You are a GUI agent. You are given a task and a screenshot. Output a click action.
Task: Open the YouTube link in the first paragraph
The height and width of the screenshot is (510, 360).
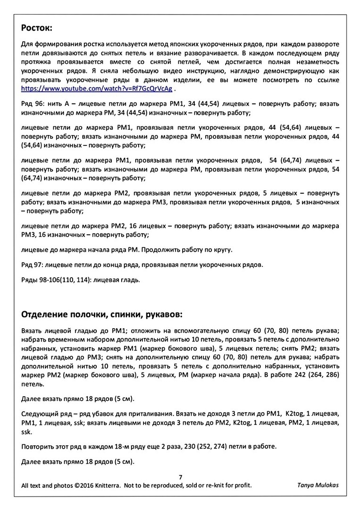pyautogui.click(x=97, y=88)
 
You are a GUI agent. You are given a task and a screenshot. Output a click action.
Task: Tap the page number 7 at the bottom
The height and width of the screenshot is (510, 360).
pyautogui.click(x=180, y=477)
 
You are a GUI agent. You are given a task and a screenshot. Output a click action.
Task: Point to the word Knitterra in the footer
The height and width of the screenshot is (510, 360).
pyautogui.click(x=108, y=485)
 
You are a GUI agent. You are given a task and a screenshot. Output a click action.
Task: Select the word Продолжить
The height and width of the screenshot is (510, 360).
pyautogui.click(x=160, y=249)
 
